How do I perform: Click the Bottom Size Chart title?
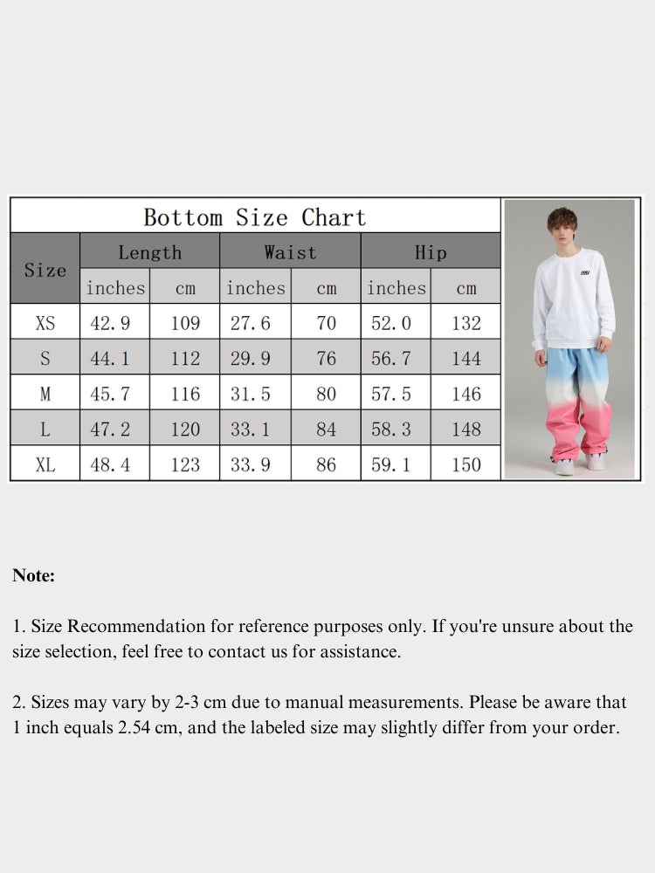pos(254,217)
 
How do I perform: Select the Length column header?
pos(149,253)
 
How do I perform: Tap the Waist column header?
pos(290,253)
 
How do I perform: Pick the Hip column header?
pos(431,253)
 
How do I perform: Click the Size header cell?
pos(45,270)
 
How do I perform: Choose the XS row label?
pos(45,323)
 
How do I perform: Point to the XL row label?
pos(45,464)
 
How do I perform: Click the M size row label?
pos(45,394)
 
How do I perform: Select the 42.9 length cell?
pos(111,323)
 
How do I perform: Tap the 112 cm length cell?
pos(185,358)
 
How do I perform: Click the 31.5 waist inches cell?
pos(251,394)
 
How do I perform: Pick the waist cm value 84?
pos(326,430)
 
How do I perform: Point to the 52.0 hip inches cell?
pos(391,323)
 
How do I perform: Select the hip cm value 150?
pos(466,464)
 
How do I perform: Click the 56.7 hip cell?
pos(391,358)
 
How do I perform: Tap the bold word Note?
pos(34,575)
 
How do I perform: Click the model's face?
pos(565,230)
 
